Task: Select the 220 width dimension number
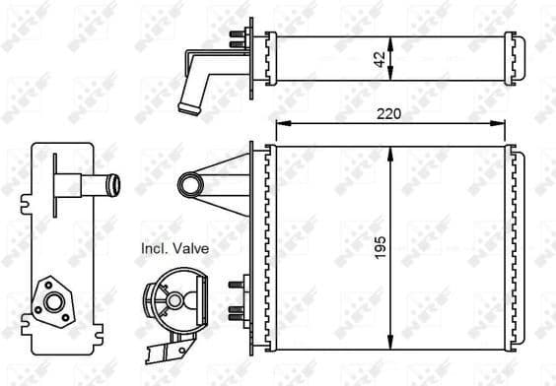[x=391, y=113]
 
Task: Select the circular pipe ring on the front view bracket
[x=188, y=183]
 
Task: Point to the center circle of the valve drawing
[x=174, y=300]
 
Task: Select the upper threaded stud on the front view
[x=237, y=285]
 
